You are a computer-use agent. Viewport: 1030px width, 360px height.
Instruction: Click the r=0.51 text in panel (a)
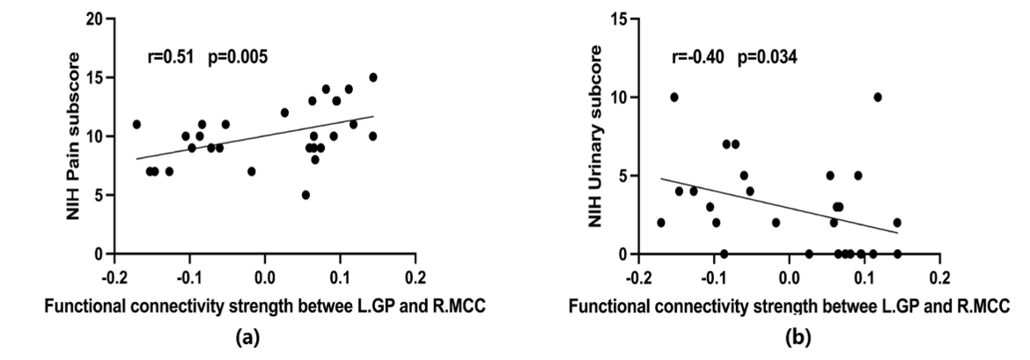(171, 57)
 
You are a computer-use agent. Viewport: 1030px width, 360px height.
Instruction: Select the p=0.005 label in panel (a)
(238, 58)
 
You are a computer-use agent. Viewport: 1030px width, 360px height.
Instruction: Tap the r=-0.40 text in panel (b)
(697, 57)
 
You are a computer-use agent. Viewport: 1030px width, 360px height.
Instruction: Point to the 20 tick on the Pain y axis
(94, 19)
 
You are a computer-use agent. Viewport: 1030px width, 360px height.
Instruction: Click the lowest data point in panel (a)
(305, 195)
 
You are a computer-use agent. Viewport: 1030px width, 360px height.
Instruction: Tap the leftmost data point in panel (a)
(136, 124)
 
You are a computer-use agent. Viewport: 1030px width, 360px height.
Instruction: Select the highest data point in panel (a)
(373, 77)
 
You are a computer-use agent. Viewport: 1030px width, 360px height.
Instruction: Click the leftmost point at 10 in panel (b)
(674, 97)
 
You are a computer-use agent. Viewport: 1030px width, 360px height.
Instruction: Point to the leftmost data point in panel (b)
(661, 223)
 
